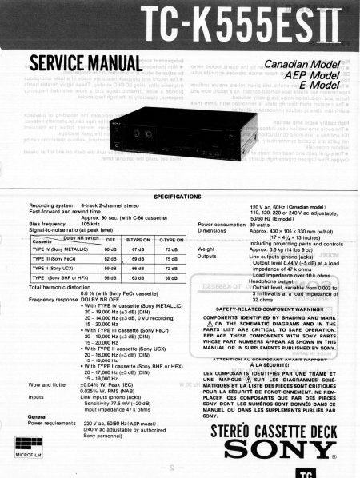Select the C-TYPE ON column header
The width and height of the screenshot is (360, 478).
coord(170,239)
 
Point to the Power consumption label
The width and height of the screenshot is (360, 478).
coord(219,225)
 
